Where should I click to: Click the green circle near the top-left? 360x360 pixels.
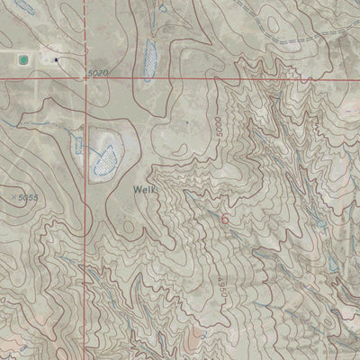21,60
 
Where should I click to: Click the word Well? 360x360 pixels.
144,190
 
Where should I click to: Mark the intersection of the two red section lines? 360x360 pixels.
86,79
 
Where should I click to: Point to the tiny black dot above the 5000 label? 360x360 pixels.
187,119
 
